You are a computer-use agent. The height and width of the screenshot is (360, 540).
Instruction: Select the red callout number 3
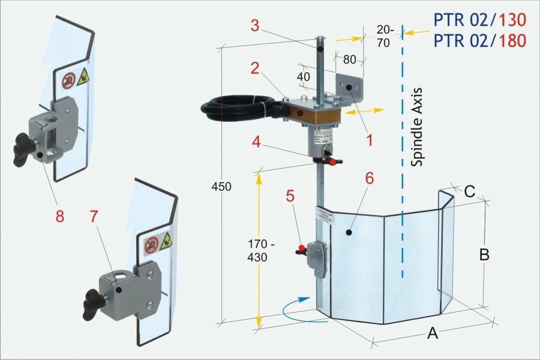point(255,27)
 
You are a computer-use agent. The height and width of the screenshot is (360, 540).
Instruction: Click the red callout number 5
point(291,197)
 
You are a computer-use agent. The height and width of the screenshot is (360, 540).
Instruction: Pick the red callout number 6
point(369,179)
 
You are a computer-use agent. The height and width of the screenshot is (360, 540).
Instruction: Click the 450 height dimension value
point(221,187)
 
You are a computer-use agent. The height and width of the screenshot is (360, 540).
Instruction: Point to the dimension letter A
point(432,334)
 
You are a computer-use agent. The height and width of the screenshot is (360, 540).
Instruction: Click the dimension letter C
point(470,192)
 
